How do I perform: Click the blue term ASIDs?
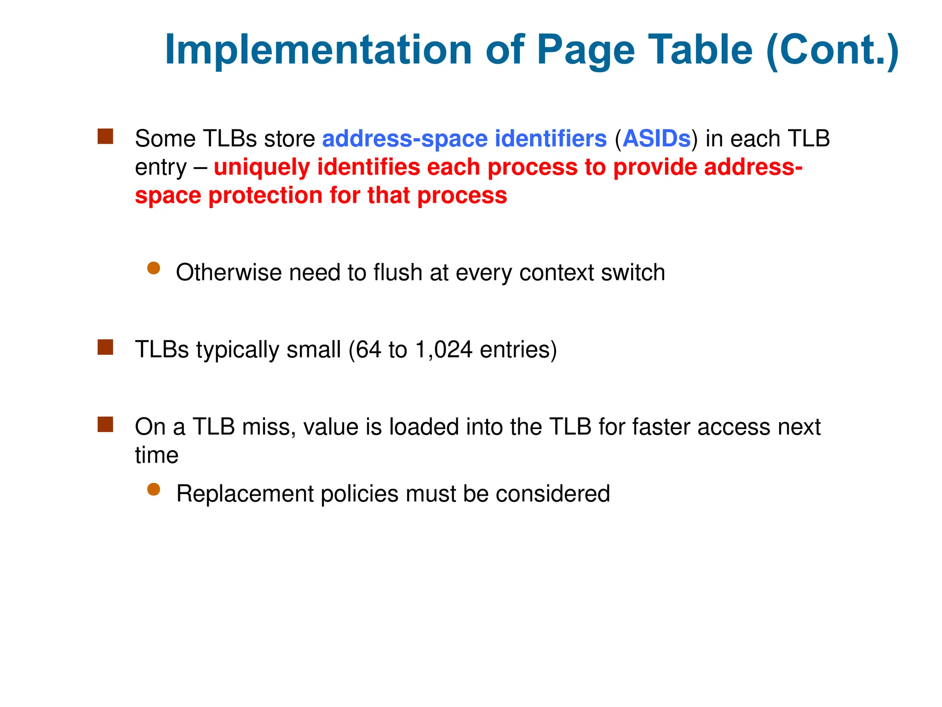[656, 139]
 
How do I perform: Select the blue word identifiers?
[551, 139]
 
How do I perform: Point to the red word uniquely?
[262, 167]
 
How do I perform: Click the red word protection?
[265, 196]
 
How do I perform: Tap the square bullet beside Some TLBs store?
[105, 137]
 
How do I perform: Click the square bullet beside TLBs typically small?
[105, 348]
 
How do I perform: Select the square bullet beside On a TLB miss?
[105, 424]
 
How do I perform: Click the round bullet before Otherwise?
[154, 268]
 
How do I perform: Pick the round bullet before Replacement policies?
[154, 489]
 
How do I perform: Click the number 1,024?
[443, 349]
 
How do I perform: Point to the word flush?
[397, 272]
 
